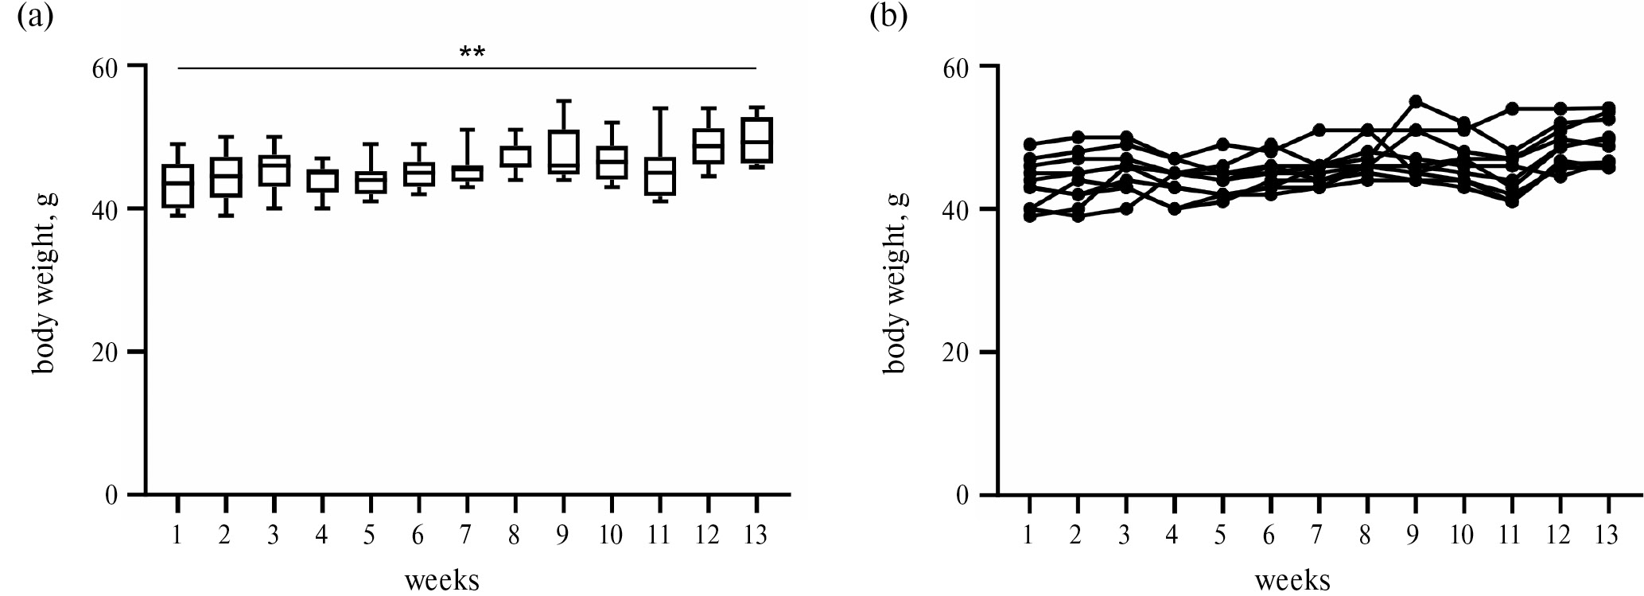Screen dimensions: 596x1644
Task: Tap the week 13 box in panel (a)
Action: click(756, 140)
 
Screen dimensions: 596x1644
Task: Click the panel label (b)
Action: click(888, 16)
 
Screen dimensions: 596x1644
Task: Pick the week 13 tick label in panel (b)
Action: click(1607, 535)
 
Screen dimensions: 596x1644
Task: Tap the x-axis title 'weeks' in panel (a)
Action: click(442, 579)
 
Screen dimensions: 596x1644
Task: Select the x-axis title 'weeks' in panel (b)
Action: click(1292, 579)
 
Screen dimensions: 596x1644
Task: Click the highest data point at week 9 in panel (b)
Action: click(1416, 101)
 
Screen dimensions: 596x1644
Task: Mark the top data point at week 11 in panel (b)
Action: click(1512, 108)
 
